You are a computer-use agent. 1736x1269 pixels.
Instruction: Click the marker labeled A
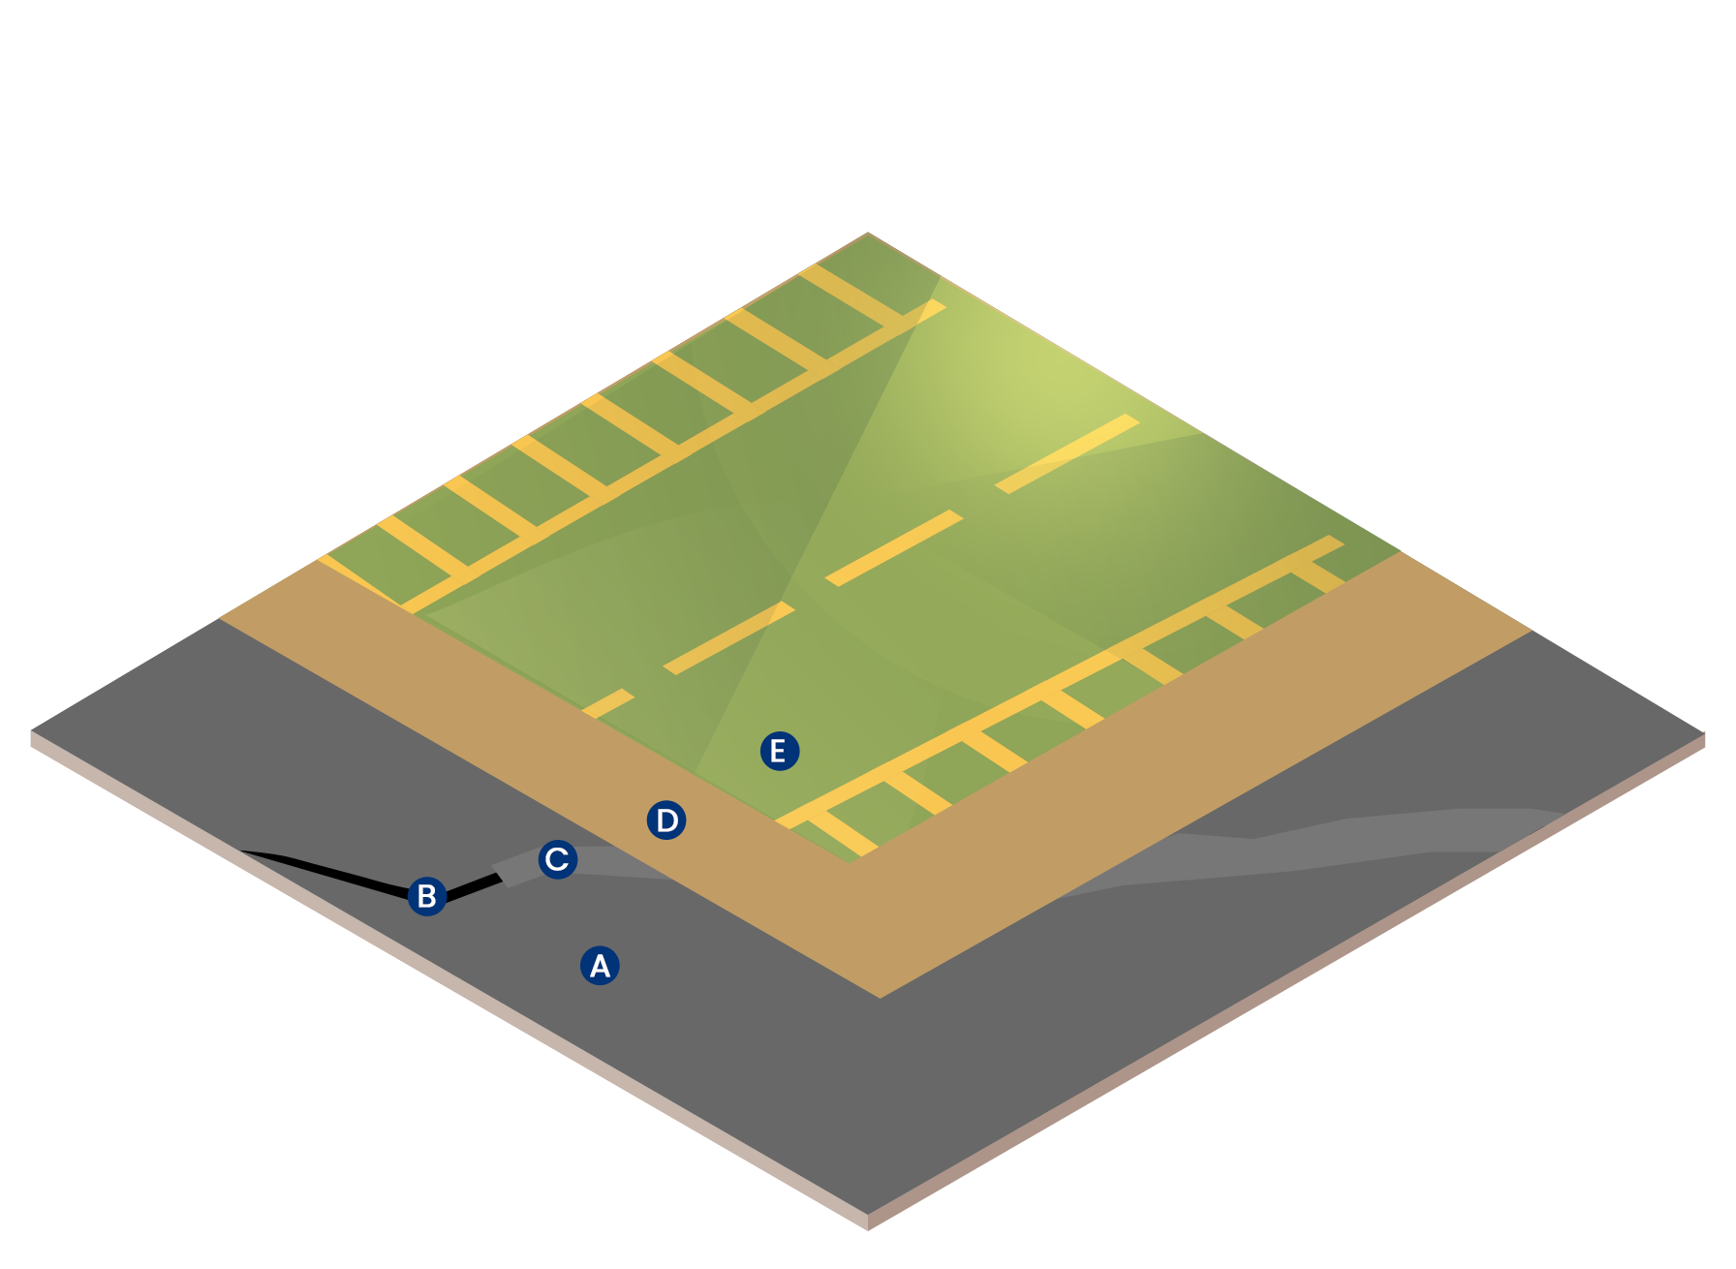[x=600, y=966]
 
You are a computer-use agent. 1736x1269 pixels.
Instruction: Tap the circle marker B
[x=427, y=896]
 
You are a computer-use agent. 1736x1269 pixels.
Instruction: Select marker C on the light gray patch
[x=558, y=859]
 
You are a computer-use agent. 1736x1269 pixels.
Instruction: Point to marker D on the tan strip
[x=666, y=820]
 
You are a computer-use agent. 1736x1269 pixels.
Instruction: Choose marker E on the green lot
[x=780, y=751]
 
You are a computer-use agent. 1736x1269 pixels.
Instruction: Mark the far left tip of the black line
[x=240, y=851]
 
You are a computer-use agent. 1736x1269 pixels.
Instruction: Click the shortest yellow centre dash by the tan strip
[x=607, y=704]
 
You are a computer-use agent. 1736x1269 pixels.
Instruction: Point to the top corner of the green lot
[x=868, y=233]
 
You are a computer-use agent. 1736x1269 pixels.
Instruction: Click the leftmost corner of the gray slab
[x=32, y=730]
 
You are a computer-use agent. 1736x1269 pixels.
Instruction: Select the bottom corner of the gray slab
[x=868, y=1215]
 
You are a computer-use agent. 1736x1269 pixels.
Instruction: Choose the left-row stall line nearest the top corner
[x=852, y=294]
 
